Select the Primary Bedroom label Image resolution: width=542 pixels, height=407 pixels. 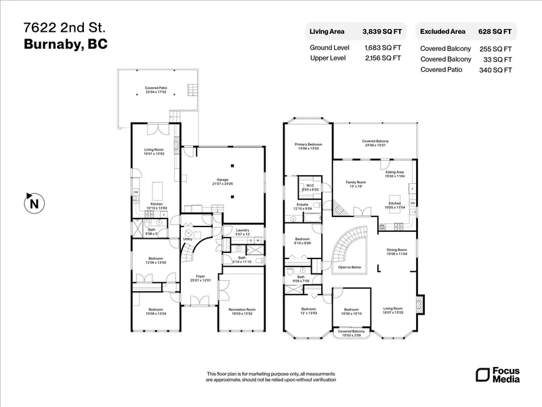click(x=308, y=144)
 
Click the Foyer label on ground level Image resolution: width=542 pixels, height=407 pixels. click(x=201, y=276)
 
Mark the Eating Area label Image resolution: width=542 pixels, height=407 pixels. click(x=394, y=172)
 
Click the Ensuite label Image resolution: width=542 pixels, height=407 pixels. click(x=302, y=205)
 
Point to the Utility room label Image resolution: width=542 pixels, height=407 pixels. click(x=187, y=239)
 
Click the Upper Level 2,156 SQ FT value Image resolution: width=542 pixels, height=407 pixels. click(x=382, y=58)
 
